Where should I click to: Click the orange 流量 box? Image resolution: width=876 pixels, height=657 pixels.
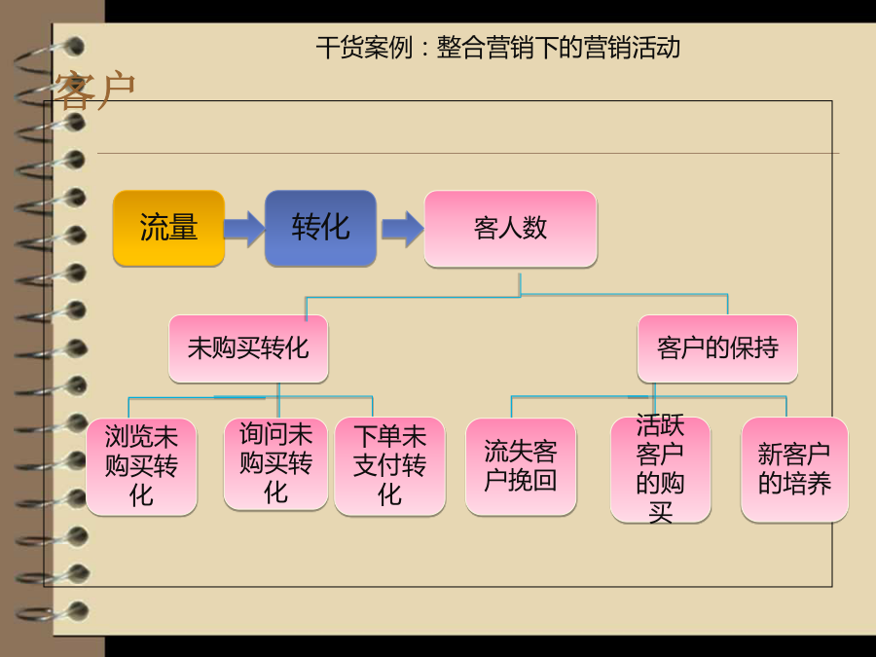[x=168, y=228]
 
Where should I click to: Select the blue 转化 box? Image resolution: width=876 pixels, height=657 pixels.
[x=320, y=228]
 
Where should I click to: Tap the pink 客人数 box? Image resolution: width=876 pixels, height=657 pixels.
[x=511, y=229]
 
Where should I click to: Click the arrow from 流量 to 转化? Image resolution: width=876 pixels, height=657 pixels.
[x=244, y=229]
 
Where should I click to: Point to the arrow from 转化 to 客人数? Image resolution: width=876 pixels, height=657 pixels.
[x=403, y=229]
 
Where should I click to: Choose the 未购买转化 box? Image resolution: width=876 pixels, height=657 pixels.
[x=248, y=348]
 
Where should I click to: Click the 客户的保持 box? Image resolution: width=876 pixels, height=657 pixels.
[x=717, y=348]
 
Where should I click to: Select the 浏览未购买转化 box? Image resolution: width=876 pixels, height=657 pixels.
[x=141, y=466]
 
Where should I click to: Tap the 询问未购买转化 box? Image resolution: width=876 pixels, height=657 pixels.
[x=275, y=463]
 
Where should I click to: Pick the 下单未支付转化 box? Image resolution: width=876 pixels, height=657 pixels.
[x=390, y=466]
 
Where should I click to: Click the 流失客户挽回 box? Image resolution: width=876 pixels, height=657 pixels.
[x=521, y=466]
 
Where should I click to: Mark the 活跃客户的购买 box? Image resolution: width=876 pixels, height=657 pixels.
[x=660, y=469]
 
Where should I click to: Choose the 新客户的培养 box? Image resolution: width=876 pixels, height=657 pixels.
[x=794, y=469]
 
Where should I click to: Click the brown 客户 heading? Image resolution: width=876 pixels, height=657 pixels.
[x=94, y=90]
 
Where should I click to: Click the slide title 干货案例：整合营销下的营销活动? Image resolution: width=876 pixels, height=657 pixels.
[x=497, y=48]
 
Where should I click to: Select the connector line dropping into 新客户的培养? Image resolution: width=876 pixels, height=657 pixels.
[x=786, y=407]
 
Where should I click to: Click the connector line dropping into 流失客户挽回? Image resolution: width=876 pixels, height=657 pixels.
[x=512, y=407]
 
